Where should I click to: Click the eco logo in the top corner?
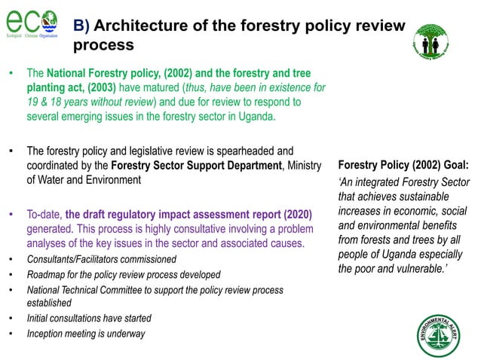(30, 22)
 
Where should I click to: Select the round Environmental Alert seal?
(440, 334)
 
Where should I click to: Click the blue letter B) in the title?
(81, 26)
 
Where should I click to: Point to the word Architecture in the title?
(142, 26)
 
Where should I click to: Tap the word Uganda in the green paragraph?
(256, 116)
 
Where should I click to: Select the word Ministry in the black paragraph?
(304, 165)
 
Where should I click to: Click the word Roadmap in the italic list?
(45, 275)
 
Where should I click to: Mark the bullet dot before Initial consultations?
(11, 319)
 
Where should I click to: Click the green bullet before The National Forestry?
(11, 74)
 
